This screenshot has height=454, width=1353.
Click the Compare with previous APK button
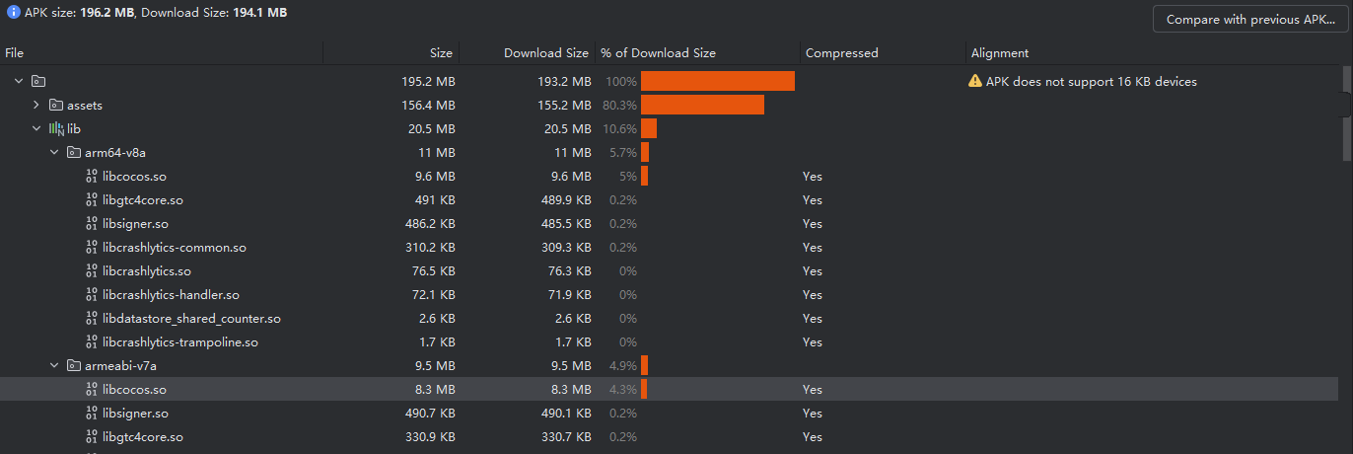pos(1249,20)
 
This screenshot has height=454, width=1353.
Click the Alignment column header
pos(999,53)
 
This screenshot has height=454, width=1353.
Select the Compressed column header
pos(841,53)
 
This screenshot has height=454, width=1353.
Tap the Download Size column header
pos(545,53)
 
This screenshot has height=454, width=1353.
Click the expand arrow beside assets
pos(36,106)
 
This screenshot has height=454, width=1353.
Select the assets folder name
pos(85,106)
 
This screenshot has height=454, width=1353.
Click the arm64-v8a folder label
pos(116,153)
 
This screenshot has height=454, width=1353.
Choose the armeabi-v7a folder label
pos(120,366)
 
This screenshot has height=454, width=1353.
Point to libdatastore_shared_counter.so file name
pos(191,319)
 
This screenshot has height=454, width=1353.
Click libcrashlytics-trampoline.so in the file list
pos(179,342)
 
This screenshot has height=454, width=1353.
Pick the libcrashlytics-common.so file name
pos(174,248)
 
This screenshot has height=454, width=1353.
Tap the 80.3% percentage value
pos(619,106)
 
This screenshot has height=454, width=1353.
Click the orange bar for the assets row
pos(702,106)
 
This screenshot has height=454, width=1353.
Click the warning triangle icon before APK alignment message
pos(975,82)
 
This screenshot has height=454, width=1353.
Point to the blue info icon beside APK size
pos(14,13)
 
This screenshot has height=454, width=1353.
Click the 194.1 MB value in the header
pos(260,13)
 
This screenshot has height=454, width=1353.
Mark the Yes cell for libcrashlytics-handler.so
pos(812,295)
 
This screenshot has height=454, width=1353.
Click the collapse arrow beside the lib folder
pos(36,129)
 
